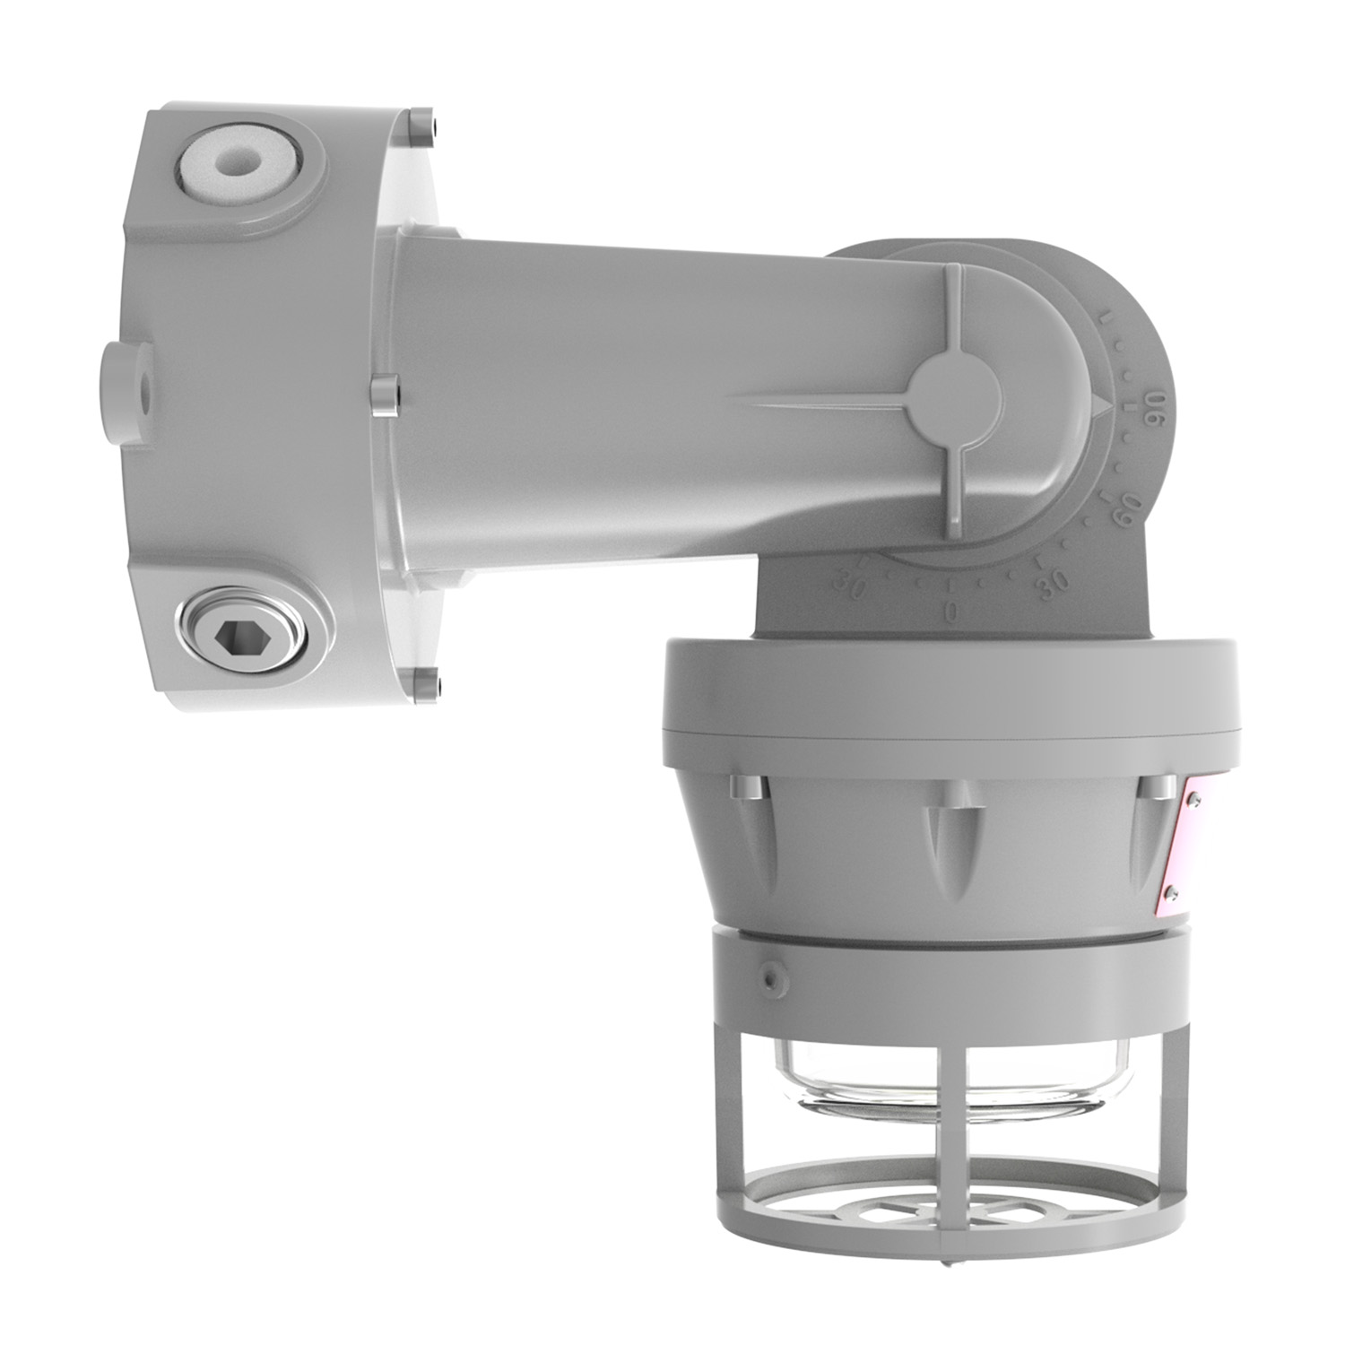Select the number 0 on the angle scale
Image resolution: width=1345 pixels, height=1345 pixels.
[953, 612]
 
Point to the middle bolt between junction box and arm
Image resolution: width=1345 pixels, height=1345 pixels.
[384, 395]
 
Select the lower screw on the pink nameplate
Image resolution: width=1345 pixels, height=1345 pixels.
[1171, 891]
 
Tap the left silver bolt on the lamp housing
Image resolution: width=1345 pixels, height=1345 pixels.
[745, 789]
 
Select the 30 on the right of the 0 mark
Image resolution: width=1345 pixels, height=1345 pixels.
[1049, 578]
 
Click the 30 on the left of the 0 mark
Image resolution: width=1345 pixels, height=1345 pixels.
[847, 587]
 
